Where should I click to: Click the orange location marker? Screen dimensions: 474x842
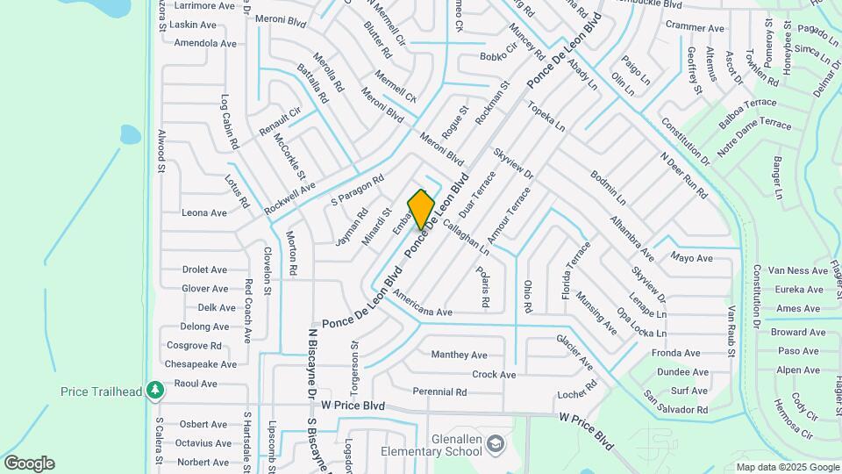click(x=421, y=210)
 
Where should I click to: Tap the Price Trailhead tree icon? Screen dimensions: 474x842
click(x=155, y=389)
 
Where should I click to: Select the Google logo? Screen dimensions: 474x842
click(x=29, y=463)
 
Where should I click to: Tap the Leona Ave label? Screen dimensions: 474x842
click(x=203, y=213)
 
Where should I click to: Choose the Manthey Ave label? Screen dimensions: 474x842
click(x=459, y=355)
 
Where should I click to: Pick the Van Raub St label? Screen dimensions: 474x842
click(x=731, y=332)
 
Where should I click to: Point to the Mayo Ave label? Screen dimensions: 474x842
click(x=691, y=258)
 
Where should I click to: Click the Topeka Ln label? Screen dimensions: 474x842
click(x=546, y=117)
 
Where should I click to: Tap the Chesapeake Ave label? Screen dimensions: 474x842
click(x=201, y=364)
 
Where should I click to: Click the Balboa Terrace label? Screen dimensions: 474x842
click(x=747, y=114)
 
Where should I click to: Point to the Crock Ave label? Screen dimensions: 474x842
click(x=494, y=375)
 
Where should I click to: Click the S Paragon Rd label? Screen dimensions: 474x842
click(x=358, y=190)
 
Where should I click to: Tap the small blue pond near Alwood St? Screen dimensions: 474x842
click(x=130, y=134)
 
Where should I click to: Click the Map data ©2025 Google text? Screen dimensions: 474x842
click(x=787, y=467)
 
